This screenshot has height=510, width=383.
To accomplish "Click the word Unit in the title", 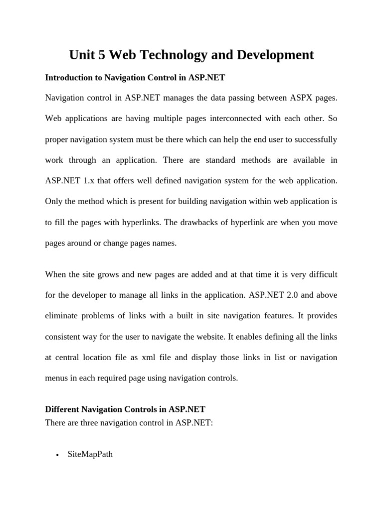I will coord(82,55).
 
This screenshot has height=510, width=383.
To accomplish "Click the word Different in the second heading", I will coord(62,409).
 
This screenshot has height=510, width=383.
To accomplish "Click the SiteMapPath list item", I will coord(90,454).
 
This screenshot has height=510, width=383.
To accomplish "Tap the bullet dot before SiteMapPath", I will coord(58,455).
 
